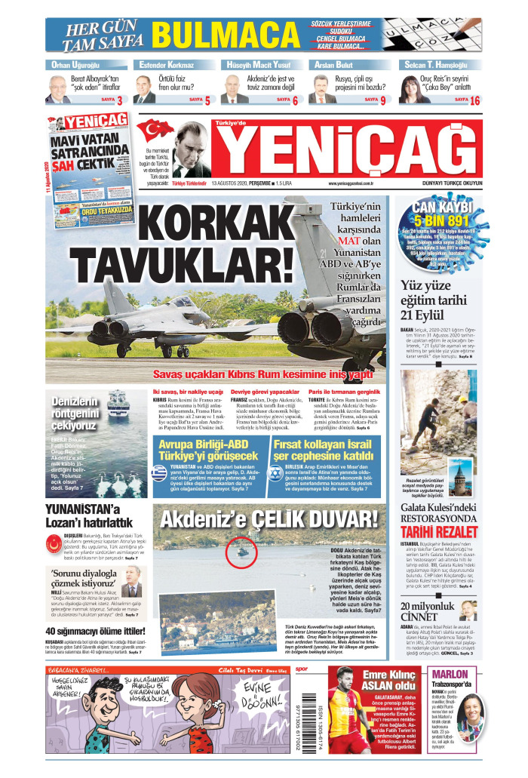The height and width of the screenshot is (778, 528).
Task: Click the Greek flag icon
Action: pyautogui.click(x=158, y=473)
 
